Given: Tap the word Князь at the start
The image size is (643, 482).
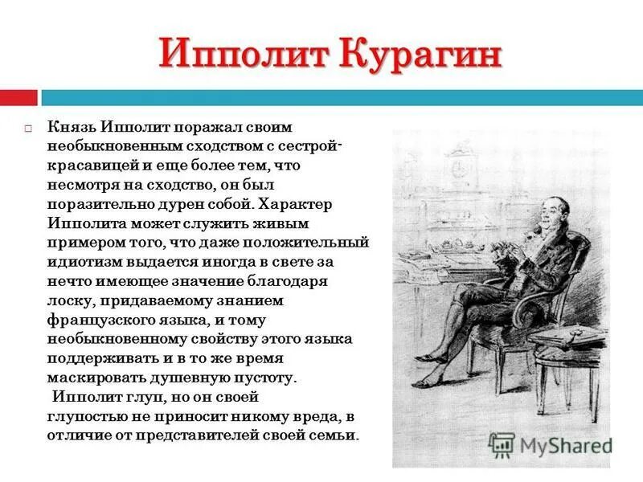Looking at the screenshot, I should point(70,127).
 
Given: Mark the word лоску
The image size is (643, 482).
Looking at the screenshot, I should point(68,300).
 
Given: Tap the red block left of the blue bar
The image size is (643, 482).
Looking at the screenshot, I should point(18,98).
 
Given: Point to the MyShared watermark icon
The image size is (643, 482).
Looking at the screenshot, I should point(502,444).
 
